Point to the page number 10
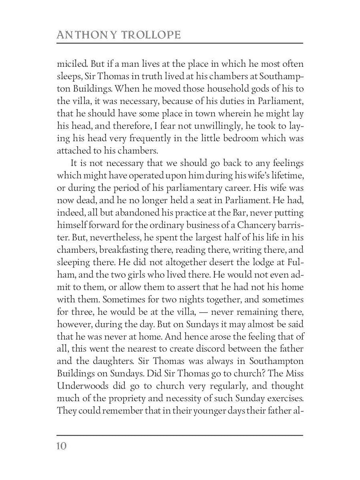[62, 446]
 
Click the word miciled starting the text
[69, 64]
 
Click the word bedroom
[235, 139]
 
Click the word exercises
[282, 398]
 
